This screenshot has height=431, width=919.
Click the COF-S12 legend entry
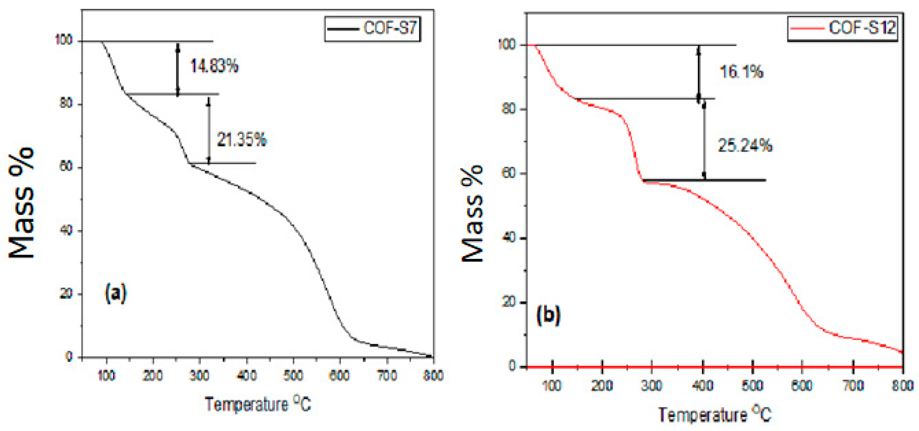pos(843,28)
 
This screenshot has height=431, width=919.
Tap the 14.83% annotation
pos(214,66)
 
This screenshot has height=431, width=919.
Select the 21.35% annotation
pos(242,140)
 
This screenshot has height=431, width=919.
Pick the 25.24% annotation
pos(745,145)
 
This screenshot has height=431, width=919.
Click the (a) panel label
pos(116,293)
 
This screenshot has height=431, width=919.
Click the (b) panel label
pos(548,315)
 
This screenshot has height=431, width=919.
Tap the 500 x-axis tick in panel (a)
pos(293,375)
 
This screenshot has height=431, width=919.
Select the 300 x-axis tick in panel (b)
pos(652,386)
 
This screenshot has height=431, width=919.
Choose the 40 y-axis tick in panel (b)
pos(509,238)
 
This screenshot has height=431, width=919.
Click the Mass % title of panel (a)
pos(22,203)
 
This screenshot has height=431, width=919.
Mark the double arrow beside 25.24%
pos(704,140)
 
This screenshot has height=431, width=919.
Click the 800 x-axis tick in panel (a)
pos(433,375)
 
